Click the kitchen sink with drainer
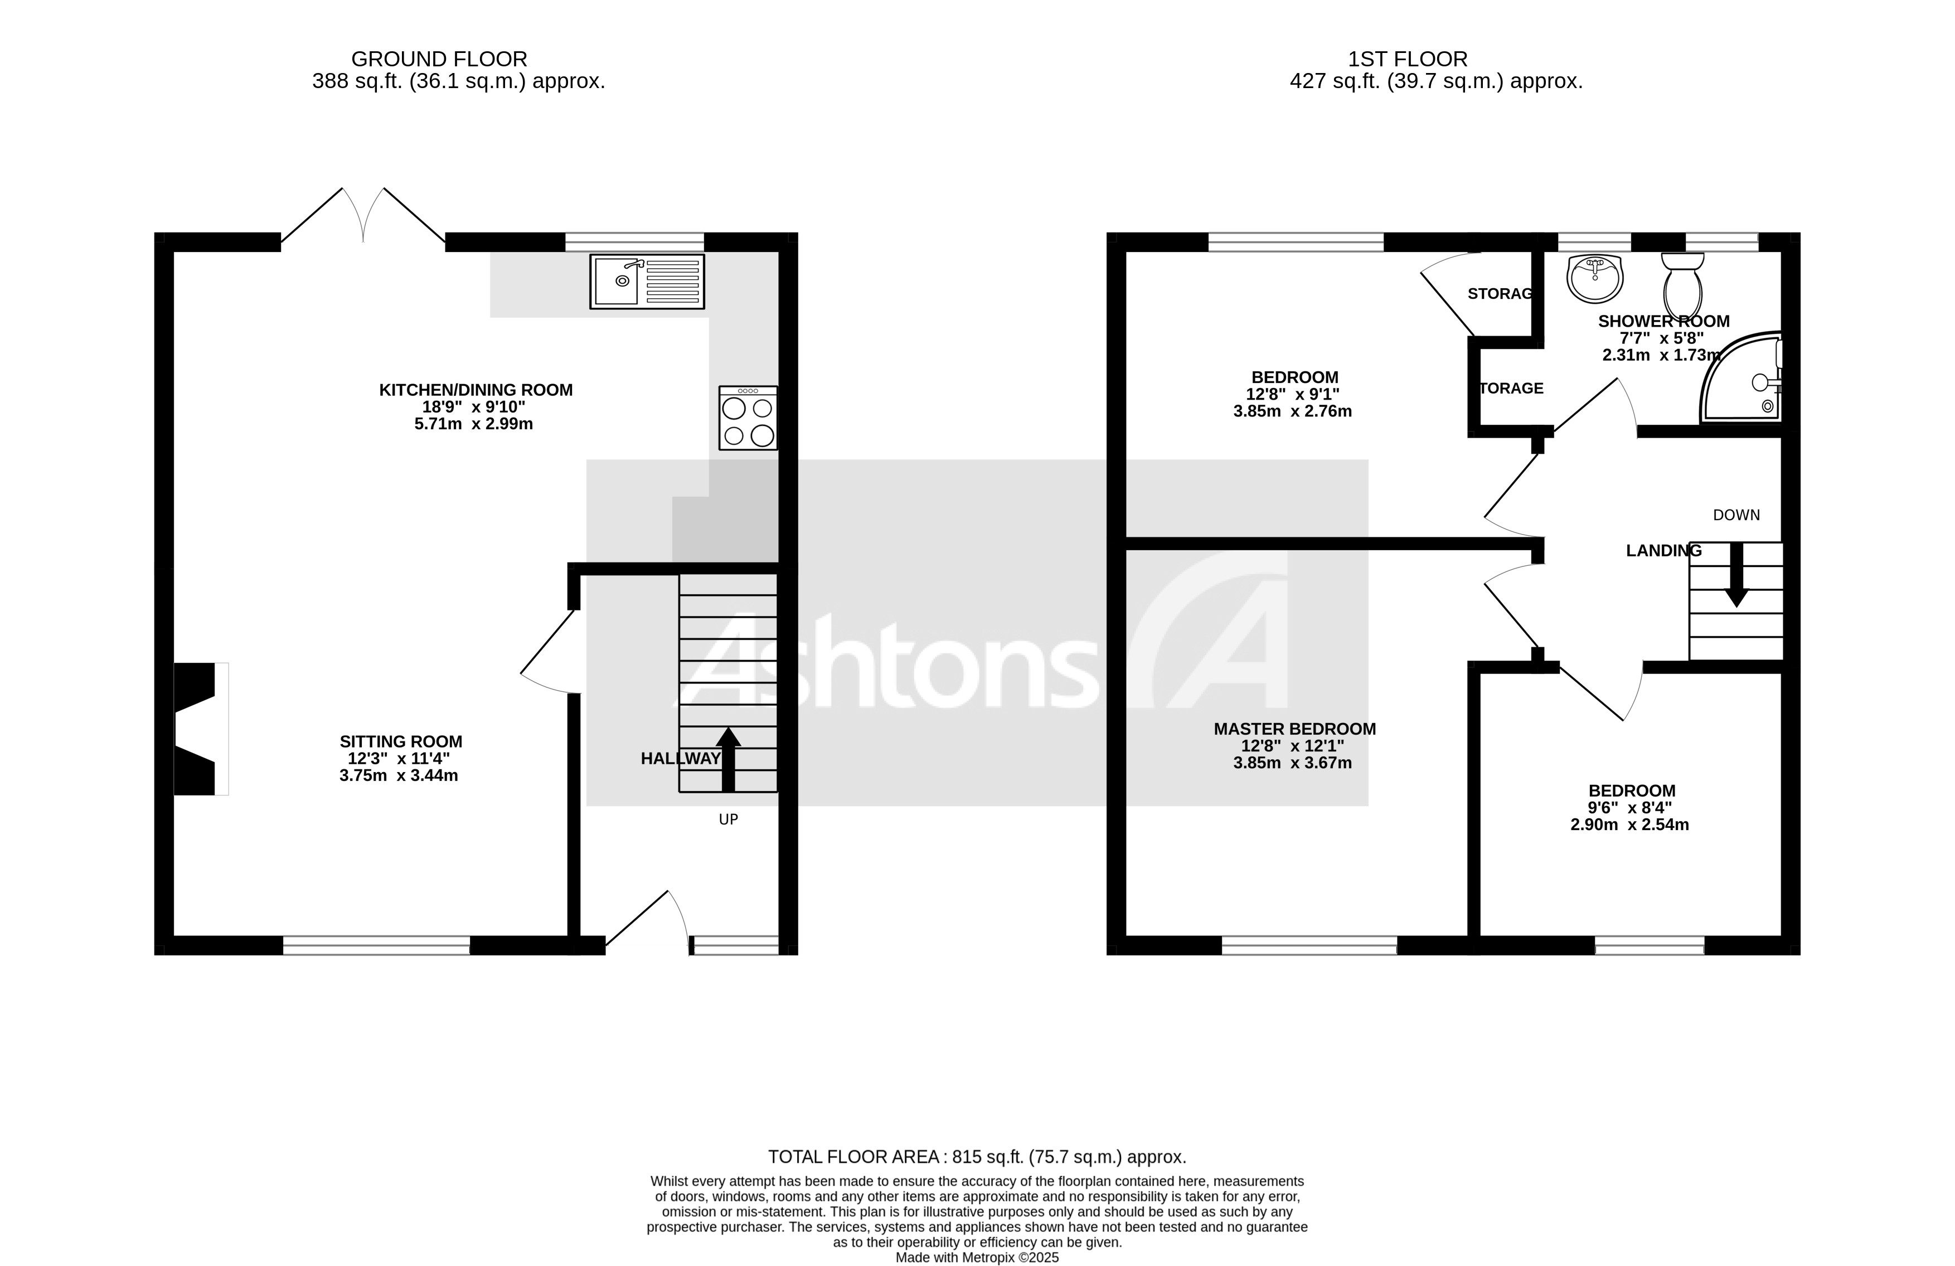pyautogui.click(x=647, y=282)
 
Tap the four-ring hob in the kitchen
pyautogui.click(x=748, y=418)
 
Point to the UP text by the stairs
pyautogui.click(x=729, y=819)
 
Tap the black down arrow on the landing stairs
pyautogui.click(x=1736, y=575)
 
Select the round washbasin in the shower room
pyautogui.click(x=1594, y=278)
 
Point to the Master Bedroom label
pyautogui.click(x=1294, y=729)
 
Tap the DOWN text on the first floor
pyautogui.click(x=1736, y=515)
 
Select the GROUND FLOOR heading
pyautogui.click(x=439, y=59)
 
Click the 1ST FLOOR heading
pyautogui.click(x=1408, y=59)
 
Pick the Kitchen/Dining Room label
pyautogui.click(x=476, y=390)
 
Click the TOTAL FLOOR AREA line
pyautogui.click(x=977, y=1157)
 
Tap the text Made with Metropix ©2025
pyautogui.click(x=977, y=1258)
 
